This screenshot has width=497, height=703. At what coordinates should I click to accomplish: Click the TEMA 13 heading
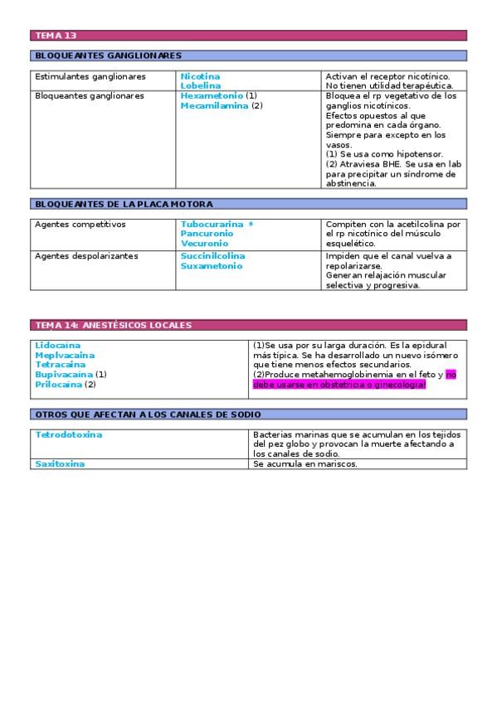tap(56, 36)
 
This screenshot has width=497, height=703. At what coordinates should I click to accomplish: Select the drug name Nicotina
tap(200, 76)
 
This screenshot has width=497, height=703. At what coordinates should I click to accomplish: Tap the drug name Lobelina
tap(201, 85)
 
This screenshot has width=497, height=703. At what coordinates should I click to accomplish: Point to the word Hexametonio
tap(212, 96)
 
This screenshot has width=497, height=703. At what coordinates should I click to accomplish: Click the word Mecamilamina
tap(214, 105)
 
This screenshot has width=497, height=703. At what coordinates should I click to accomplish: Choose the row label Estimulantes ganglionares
tap(90, 76)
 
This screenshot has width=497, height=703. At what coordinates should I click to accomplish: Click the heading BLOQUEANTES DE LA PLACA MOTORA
tap(124, 204)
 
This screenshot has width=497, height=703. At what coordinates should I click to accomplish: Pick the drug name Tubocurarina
tap(212, 224)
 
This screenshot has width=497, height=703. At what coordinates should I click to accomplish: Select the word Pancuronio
tap(207, 234)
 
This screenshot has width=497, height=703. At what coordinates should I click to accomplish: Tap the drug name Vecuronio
tap(204, 244)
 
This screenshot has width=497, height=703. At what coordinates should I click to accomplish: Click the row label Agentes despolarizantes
tap(86, 256)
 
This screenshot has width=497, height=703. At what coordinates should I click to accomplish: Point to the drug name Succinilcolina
tap(212, 256)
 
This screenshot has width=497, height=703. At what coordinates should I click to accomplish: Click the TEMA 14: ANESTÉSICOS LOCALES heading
tap(113, 325)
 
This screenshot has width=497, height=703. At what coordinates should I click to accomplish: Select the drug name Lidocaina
tap(58, 345)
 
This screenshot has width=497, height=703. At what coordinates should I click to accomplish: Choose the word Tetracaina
tap(60, 364)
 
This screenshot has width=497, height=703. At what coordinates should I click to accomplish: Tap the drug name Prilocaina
tap(58, 385)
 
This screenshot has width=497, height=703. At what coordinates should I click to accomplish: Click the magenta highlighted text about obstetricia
tap(339, 385)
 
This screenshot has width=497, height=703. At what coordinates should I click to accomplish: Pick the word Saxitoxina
tap(60, 464)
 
